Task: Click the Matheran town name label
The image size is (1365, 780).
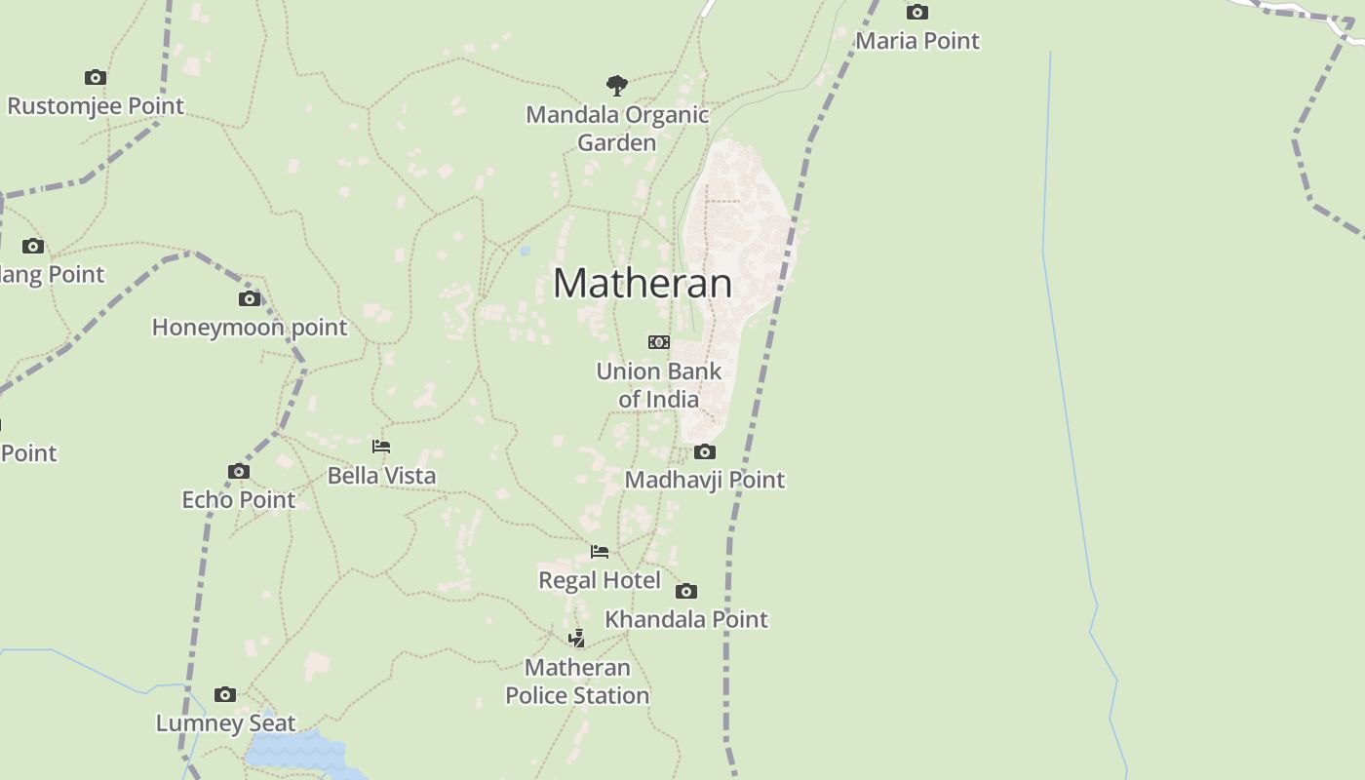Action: (643, 283)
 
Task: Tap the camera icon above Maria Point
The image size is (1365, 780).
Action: (916, 13)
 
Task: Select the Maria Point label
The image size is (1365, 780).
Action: (916, 41)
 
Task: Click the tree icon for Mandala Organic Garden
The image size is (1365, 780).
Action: (616, 85)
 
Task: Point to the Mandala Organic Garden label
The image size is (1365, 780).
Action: (617, 128)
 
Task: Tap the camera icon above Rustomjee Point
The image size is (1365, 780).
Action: (95, 77)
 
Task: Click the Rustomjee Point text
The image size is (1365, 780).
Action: (96, 105)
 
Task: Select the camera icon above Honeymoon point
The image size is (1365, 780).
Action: (250, 298)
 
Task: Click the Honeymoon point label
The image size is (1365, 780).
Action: (250, 328)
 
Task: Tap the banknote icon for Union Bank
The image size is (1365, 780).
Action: (659, 342)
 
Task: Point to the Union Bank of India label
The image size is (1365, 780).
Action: (659, 385)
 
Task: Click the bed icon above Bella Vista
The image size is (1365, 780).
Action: (381, 447)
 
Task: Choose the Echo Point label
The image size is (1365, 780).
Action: (239, 499)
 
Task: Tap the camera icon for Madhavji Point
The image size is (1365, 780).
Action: (705, 451)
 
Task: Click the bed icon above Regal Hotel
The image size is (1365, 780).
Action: (600, 552)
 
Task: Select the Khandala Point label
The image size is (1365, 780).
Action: (686, 619)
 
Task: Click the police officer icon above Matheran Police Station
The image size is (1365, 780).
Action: (577, 639)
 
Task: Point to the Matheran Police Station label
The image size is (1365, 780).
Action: (577, 682)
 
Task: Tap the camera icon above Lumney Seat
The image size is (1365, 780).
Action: (225, 694)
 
